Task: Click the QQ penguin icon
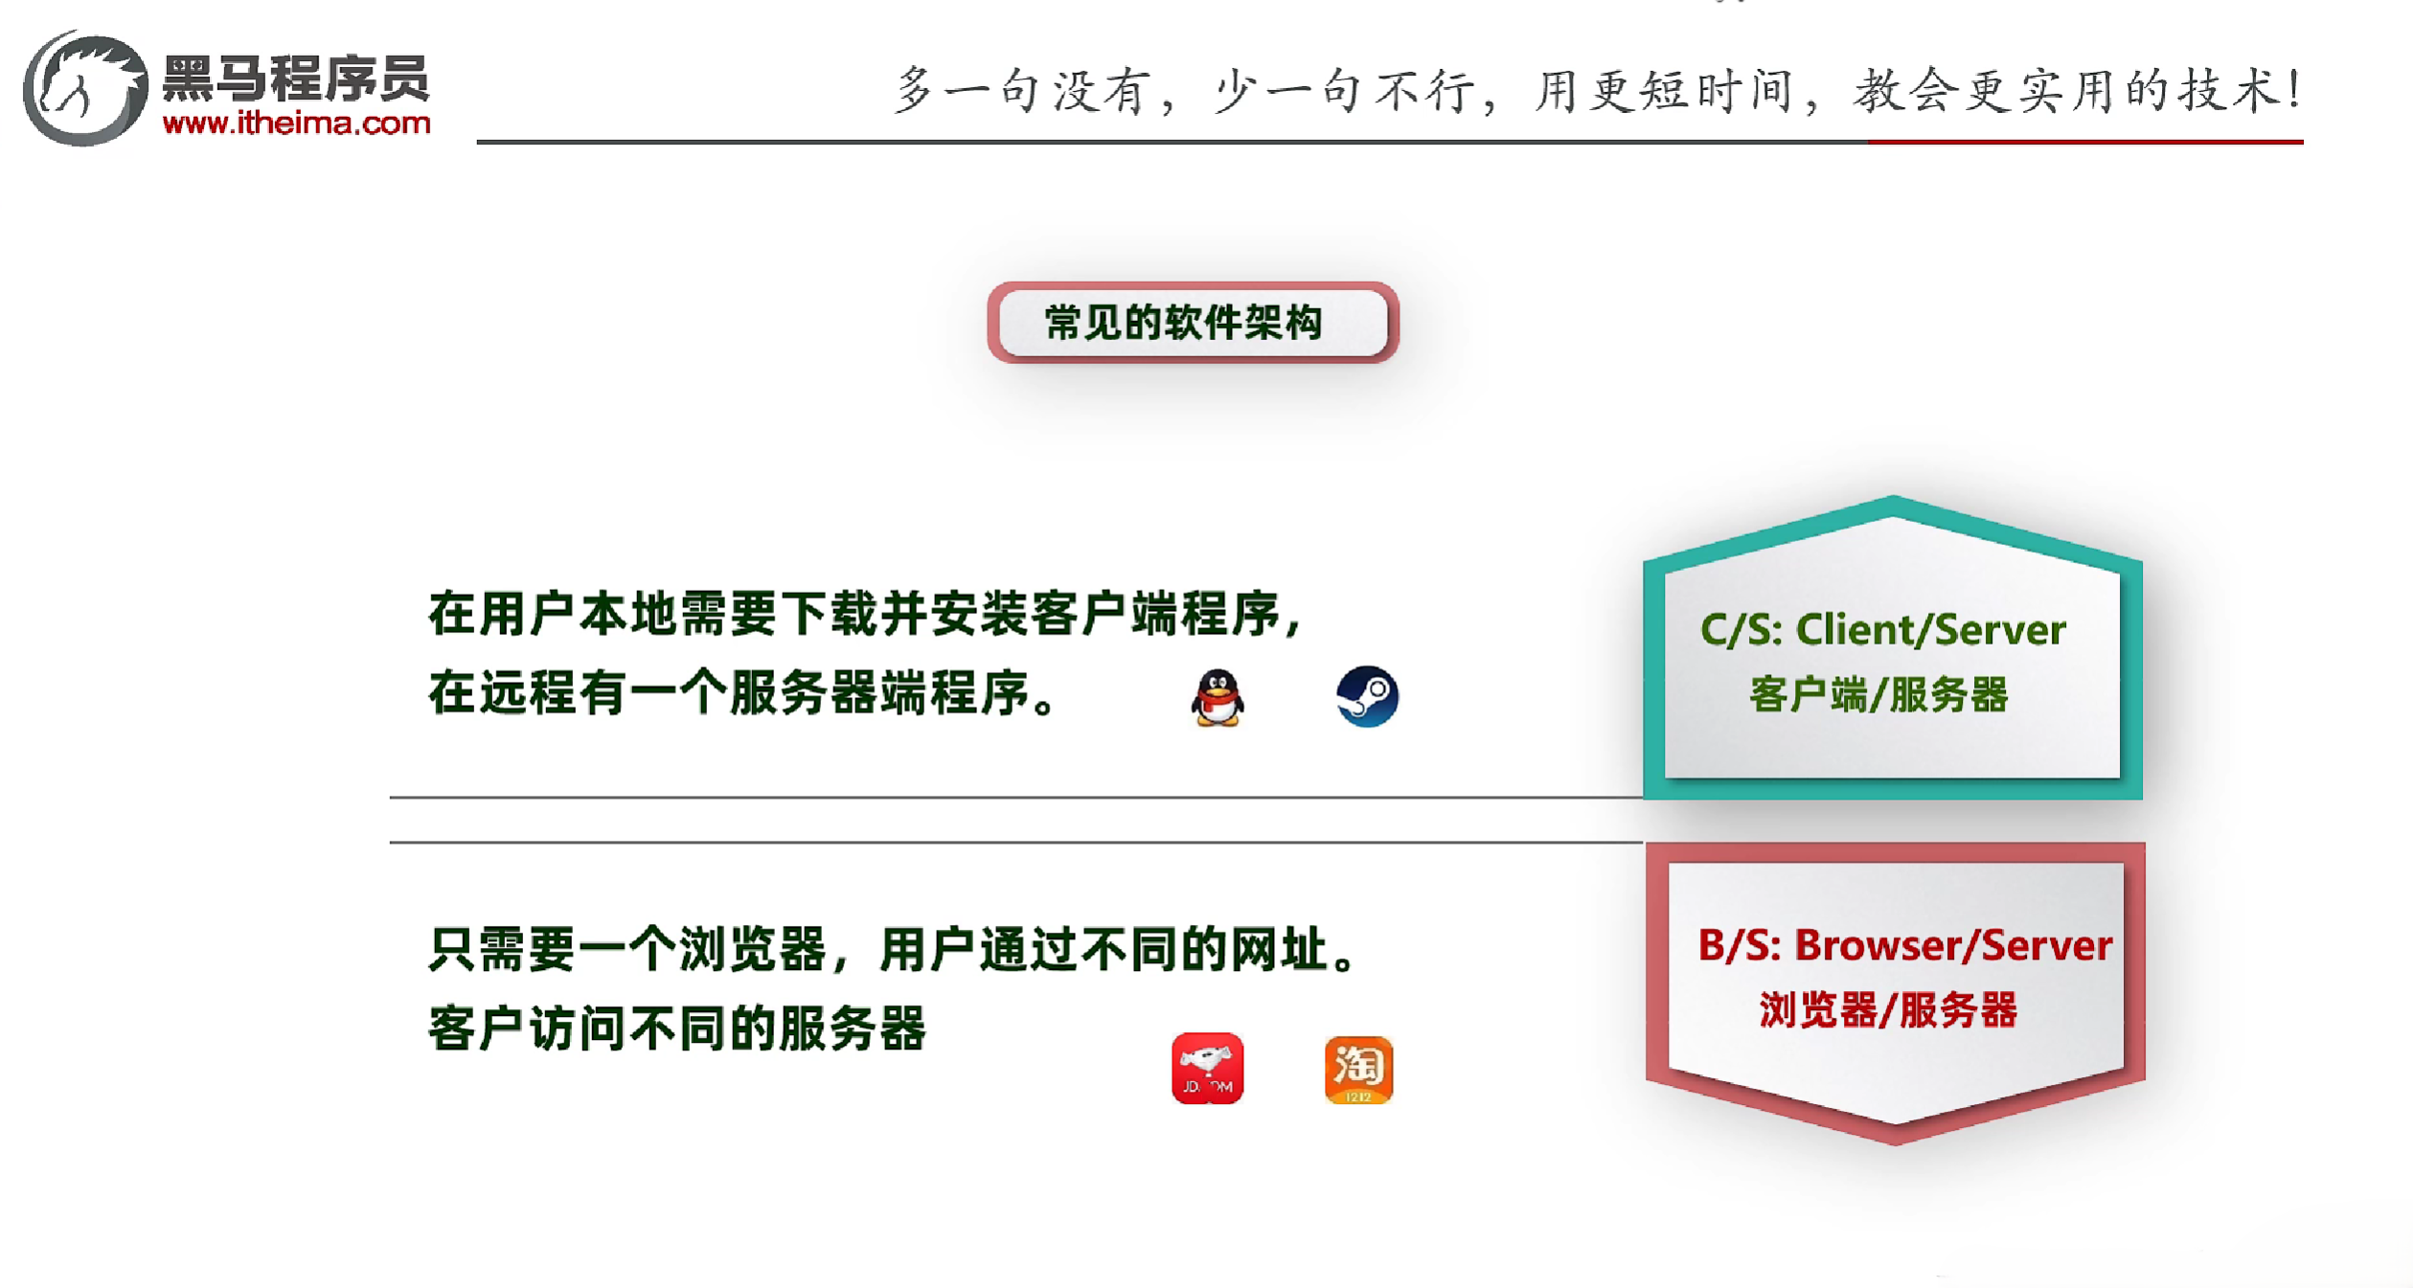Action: tap(1218, 697)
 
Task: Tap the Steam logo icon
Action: tap(1367, 696)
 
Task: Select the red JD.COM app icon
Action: tap(1207, 1069)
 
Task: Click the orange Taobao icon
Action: tap(1358, 1070)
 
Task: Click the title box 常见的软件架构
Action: tap(1192, 323)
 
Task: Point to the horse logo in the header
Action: tap(85, 88)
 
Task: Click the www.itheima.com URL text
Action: tap(296, 124)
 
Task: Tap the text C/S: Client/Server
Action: tap(1882, 630)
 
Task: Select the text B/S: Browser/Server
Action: tap(1904, 945)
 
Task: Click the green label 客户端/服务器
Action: tap(1878, 694)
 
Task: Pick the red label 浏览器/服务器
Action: tap(1888, 1010)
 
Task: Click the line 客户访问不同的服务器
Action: tap(676, 1028)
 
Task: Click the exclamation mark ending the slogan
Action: tap(2293, 89)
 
